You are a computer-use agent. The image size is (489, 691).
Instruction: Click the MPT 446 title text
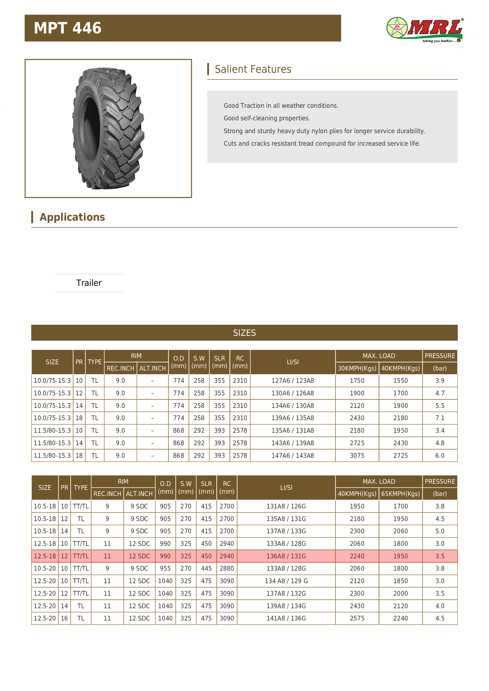coord(67,28)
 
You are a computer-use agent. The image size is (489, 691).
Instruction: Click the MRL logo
coord(425,30)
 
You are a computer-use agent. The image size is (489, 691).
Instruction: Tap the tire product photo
coord(108,128)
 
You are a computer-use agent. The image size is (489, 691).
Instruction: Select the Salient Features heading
coord(253,69)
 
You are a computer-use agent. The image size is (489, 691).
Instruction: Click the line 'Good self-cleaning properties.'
coord(267,118)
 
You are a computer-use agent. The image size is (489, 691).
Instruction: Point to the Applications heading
coord(72,217)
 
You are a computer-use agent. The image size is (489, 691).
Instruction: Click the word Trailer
coord(89,283)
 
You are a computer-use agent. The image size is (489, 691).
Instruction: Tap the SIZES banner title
coord(244,333)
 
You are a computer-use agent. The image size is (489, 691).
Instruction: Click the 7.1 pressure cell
coord(440,418)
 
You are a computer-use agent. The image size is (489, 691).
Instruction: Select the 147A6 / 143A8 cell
coord(293,456)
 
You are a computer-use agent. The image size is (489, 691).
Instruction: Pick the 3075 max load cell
coord(357,456)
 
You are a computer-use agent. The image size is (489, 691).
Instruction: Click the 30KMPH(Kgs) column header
coord(357,368)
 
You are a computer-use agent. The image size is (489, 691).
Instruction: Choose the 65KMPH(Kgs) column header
coord(400,494)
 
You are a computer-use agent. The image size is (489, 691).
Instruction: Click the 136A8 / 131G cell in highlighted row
coord(286,556)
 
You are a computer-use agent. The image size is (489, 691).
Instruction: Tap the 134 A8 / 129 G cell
coord(286,581)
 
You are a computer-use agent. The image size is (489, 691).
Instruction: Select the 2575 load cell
coord(357,619)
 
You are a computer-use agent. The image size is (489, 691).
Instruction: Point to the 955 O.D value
coord(165,568)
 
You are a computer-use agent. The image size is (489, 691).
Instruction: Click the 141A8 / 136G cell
coord(286,619)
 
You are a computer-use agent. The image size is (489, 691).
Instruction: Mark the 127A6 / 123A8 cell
coord(293,381)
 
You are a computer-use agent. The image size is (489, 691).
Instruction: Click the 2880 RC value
coord(227,568)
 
